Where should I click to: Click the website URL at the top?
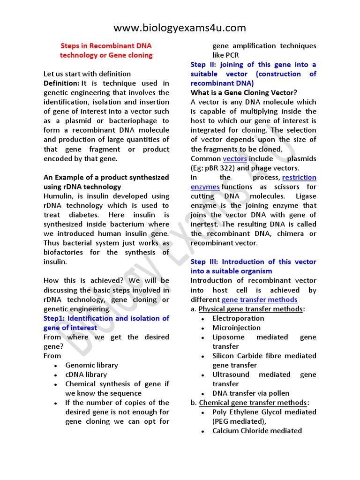(x=180, y=28)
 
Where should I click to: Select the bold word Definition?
(x=61, y=83)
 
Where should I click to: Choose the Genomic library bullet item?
(x=91, y=365)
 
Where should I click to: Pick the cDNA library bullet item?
(x=86, y=375)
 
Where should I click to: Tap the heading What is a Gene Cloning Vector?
(x=244, y=93)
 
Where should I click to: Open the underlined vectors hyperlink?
(x=234, y=159)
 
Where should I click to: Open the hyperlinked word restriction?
(x=299, y=178)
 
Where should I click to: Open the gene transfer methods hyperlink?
(x=259, y=300)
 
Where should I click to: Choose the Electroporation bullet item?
(x=238, y=318)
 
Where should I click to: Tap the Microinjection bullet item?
(x=236, y=328)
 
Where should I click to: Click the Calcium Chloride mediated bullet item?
(x=257, y=431)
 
